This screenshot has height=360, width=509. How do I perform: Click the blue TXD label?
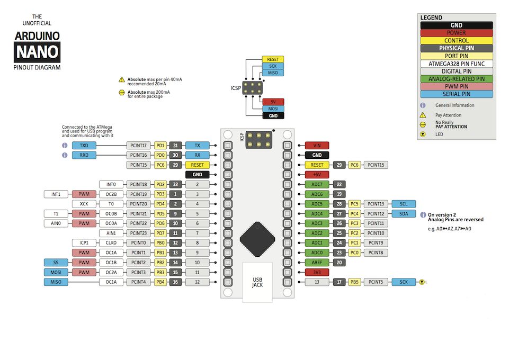84,146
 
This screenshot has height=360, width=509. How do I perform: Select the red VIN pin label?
317,146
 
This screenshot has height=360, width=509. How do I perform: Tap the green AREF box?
317,263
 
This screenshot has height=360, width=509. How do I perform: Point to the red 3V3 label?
317,273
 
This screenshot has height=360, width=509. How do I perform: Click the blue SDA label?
404,214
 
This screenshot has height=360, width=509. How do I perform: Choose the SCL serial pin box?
404,204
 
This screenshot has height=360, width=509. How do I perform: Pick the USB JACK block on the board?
257,282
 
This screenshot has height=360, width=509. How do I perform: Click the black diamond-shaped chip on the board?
257,239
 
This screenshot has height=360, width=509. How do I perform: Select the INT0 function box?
111,185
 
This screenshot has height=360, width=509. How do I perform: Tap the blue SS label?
56,263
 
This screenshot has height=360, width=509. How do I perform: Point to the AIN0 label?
56,223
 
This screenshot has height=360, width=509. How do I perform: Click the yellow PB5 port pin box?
354,282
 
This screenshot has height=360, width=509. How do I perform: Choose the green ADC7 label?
317,185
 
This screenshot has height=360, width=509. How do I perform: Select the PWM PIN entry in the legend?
457,87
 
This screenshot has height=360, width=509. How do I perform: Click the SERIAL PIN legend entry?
457,94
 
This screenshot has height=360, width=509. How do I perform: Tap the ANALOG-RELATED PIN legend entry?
457,79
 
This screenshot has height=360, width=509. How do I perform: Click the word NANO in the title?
37,52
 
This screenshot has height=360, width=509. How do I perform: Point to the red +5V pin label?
317,175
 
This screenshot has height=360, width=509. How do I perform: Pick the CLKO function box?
111,243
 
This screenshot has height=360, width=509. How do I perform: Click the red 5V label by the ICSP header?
273,102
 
